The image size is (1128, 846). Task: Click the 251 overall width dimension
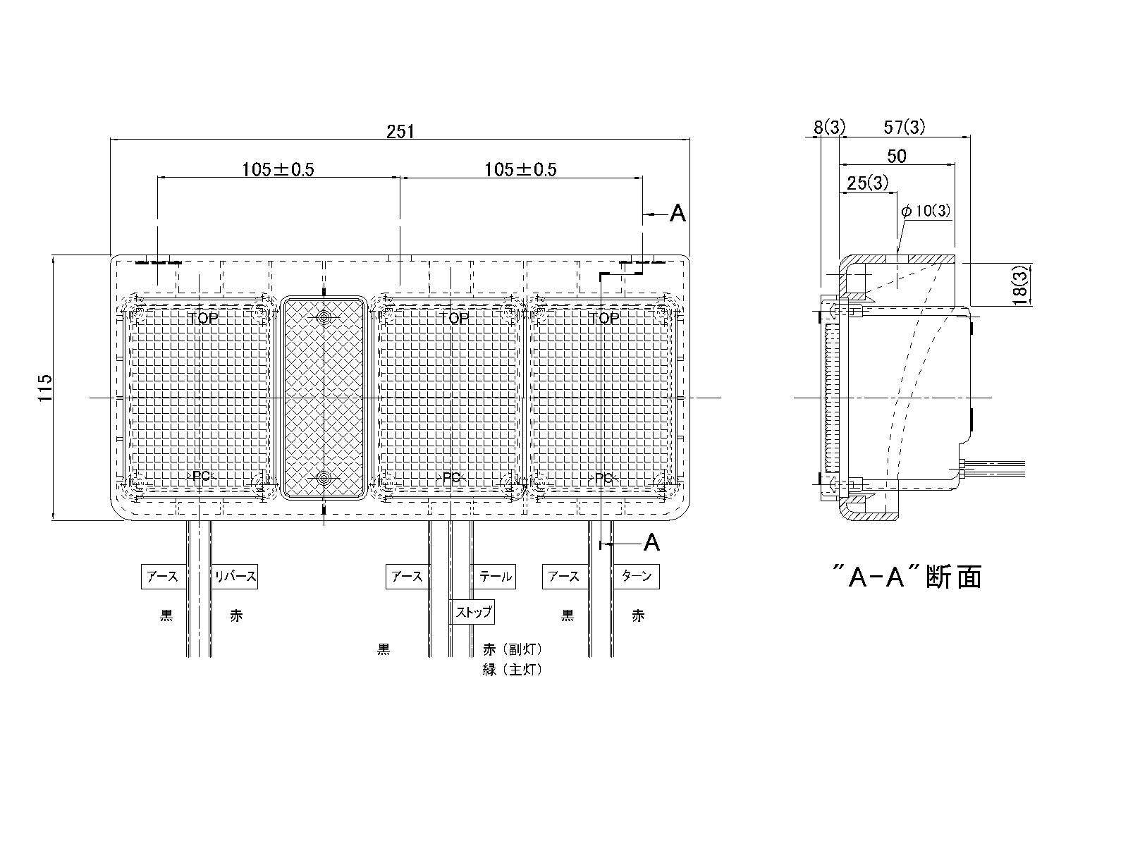coord(400,131)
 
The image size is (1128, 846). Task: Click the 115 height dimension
coord(46,388)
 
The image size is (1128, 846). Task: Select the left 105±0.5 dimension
coord(278,169)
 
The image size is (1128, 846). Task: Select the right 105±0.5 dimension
coord(520,169)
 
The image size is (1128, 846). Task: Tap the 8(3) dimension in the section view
coord(829,128)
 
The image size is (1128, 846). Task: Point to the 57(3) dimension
coord(905,128)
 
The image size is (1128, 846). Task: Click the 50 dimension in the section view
coord(897,156)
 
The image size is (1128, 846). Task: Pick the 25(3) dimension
coord(867,183)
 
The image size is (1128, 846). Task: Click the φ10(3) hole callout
coord(926,211)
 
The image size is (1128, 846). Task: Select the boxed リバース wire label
coord(236,577)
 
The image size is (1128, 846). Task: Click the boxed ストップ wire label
coord(472,611)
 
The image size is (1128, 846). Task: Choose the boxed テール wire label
coord(496,577)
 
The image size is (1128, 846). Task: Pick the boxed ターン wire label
coord(637,577)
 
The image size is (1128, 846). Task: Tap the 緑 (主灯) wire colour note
coord(513,670)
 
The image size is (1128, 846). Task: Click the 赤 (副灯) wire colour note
coord(513,649)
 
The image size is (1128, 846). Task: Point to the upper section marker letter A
coord(677,213)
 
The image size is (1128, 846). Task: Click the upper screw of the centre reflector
coord(324,317)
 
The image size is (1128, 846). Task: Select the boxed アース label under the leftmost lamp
coord(162,577)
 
